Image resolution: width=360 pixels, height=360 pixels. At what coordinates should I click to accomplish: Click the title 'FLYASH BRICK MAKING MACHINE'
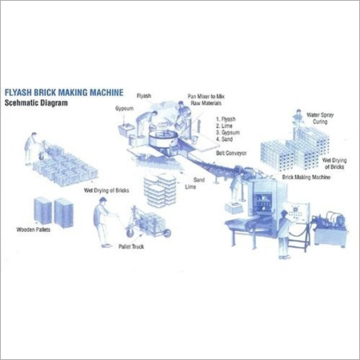(x=64, y=93)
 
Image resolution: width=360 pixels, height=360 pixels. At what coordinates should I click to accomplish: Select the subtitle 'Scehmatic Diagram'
(x=36, y=103)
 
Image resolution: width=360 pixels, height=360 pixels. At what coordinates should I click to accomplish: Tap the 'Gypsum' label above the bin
(x=124, y=109)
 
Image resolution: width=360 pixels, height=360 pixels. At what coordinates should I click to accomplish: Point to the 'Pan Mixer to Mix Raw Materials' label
(x=206, y=100)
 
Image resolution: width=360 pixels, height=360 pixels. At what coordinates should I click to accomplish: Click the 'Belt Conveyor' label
(x=231, y=153)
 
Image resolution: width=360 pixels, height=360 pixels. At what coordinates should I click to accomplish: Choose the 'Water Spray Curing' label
(x=320, y=118)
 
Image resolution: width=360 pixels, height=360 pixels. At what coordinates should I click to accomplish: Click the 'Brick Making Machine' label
(x=306, y=177)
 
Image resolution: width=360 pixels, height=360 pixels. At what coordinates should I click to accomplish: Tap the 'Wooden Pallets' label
(x=34, y=230)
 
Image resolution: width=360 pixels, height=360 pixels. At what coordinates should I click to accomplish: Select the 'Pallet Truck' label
(x=131, y=246)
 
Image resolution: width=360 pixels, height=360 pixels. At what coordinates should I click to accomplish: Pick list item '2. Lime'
(x=224, y=126)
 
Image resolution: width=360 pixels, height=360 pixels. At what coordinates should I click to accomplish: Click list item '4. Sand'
(x=225, y=139)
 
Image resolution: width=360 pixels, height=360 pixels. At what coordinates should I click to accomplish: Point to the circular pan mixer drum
(x=162, y=138)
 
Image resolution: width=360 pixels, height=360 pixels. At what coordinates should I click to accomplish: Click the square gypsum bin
(x=126, y=130)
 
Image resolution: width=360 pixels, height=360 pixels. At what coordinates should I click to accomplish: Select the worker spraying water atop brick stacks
(x=298, y=121)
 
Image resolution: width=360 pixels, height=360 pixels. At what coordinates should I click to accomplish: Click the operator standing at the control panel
(x=284, y=234)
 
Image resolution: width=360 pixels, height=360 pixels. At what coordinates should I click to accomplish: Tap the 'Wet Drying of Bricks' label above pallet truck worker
(x=106, y=190)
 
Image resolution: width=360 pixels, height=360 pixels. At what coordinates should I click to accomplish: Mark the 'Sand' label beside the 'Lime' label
(x=199, y=180)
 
